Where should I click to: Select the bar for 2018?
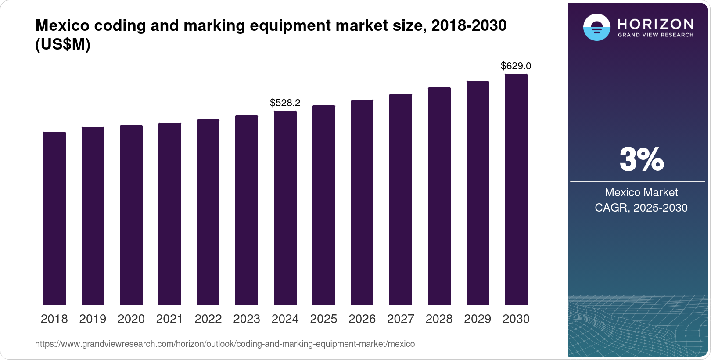tap(54, 218)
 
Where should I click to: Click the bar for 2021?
tap(170, 214)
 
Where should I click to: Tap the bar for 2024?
tap(285, 208)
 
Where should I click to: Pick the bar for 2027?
tap(401, 199)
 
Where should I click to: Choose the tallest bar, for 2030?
tap(516, 189)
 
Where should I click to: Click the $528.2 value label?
tap(285, 103)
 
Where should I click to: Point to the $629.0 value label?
tap(516, 66)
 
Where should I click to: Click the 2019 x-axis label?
tap(93, 319)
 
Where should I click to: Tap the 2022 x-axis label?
tap(208, 319)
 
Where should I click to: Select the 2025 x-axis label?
tap(323, 319)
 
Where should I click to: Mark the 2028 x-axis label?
tap(439, 319)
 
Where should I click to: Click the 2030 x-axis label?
tap(516, 319)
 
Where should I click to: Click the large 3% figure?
tap(641, 160)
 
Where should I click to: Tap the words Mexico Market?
tap(641, 192)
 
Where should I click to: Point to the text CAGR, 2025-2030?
tap(641, 208)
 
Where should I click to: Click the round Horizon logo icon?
tap(596, 27)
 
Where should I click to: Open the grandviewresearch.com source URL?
tap(225, 344)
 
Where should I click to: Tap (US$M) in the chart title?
tap(63, 44)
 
